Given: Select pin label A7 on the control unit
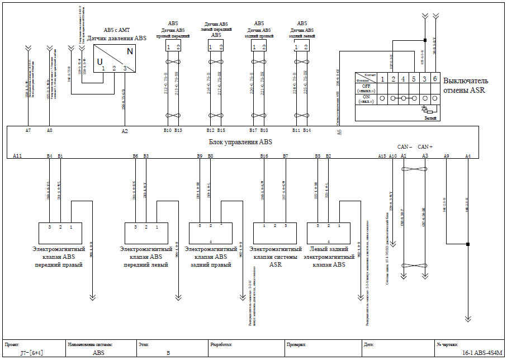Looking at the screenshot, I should (28, 130).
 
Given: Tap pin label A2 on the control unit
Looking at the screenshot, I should (125, 131).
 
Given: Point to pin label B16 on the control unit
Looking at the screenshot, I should (264, 156).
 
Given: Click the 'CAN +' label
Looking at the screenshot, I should (425, 146).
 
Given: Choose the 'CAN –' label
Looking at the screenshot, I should (404, 146).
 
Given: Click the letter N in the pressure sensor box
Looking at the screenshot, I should (130, 51).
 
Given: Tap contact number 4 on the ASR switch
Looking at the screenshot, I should (404, 79).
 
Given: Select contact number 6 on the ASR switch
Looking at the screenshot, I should (434, 79).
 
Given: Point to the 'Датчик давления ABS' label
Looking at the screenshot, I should (117, 38).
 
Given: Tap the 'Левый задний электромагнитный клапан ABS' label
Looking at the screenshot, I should (331, 257).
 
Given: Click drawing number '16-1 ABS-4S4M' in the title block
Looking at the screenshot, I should (481, 353).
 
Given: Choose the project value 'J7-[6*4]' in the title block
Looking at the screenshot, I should (32, 353).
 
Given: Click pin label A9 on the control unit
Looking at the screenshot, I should (446, 156).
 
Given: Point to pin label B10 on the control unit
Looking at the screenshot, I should (167, 130).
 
